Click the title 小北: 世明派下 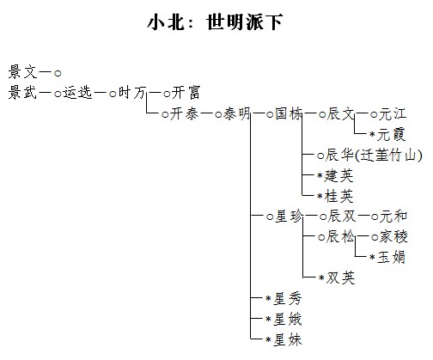(215, 21)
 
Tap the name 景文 (23, 71)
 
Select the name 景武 (23, 92)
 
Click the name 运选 (77, 92)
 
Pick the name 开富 (186, 92)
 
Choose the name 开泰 (185, 113)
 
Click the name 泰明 (236, 113)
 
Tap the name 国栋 (289, 113)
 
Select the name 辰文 (341, 113)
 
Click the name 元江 (393, 113)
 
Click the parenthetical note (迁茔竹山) (389, 156)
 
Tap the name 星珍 (289, 216)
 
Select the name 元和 (393, 216)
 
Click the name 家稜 (393, 236)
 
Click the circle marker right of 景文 (58, 73)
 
